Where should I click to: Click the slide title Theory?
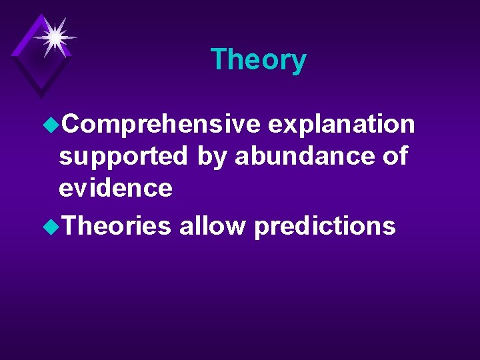point(258,60)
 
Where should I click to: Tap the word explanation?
point(342,124)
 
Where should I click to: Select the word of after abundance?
point(394,156)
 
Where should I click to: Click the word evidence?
point(115,188)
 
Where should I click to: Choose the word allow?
point(213,226)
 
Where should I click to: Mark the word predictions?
point(325,227)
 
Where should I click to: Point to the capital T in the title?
point(218,60)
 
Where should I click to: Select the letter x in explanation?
point(283,125)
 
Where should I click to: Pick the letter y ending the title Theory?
point(299,63)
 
